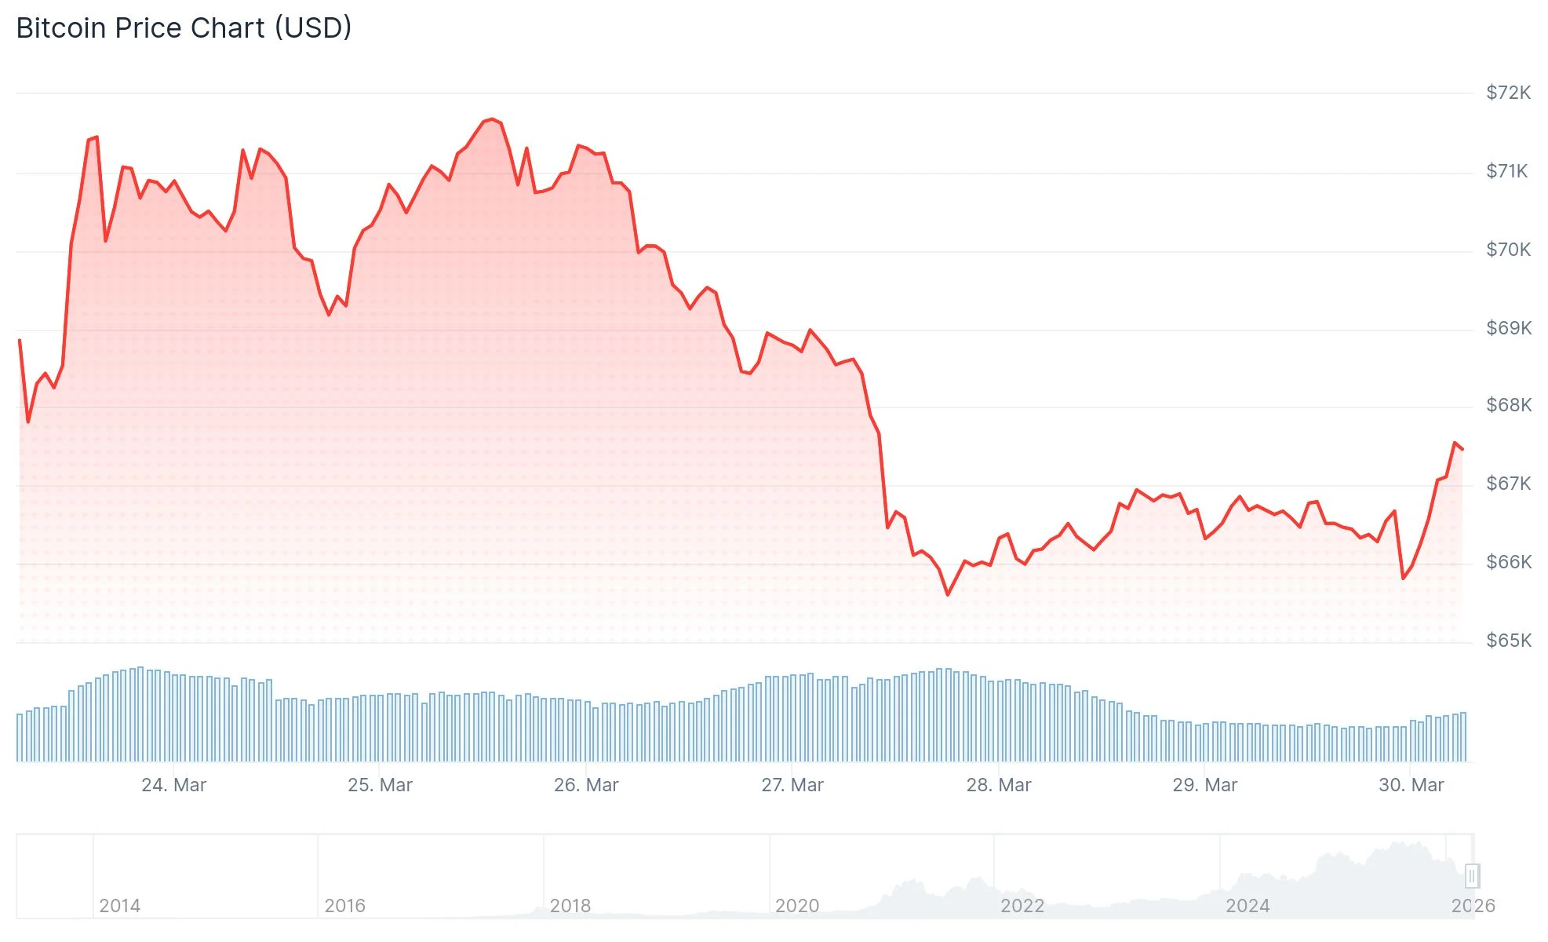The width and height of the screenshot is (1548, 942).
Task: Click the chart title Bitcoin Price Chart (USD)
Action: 184,28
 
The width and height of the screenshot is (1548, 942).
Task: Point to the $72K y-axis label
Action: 1508,93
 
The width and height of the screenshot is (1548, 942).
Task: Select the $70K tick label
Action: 1508,250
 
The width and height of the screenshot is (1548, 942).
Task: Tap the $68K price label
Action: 1508,405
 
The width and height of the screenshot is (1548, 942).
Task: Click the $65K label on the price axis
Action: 1508,641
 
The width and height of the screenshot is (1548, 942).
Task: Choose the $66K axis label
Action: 1508,562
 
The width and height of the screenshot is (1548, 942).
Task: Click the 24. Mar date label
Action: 173,785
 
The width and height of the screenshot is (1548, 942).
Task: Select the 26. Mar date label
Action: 586,785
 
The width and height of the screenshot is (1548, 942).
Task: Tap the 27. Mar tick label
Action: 792,785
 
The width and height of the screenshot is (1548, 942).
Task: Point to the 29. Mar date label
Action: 1204,785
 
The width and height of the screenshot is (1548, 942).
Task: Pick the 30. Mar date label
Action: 1411,785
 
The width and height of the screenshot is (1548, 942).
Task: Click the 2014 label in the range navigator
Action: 120,906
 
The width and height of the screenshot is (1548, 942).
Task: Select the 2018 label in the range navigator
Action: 570,906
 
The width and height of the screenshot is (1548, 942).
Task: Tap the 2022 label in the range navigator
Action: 1022,906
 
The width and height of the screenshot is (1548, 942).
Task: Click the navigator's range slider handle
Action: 1472,875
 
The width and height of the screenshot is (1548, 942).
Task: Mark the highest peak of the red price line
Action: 492,119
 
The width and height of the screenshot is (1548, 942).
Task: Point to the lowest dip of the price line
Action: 948,594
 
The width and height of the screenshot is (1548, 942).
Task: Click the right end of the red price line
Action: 1462,449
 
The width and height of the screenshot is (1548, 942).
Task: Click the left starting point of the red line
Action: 20,341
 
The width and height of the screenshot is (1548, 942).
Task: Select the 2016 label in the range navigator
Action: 345,906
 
